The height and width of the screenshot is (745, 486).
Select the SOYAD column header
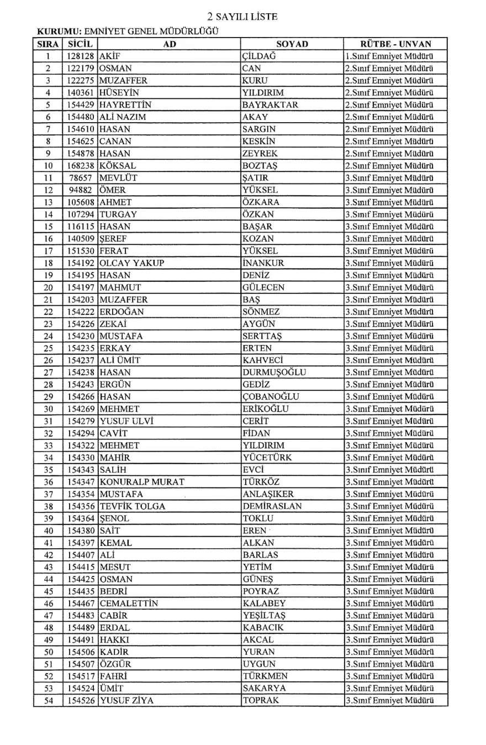pyautogui.click(x=292, y=44)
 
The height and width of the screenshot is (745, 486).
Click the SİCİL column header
pyautogui.click(x=80, y=44)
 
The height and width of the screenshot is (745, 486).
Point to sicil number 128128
pyautogui.click(x=80, y=56)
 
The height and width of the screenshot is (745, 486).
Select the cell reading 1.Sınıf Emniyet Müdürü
pyautogui.click(x=388, y=56)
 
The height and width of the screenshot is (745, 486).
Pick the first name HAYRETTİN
pyautogui.click(x=125, y=104)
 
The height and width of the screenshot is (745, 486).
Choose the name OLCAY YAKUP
pyautogui.click(x=132, y=263)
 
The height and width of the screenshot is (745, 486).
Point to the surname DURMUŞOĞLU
pyautogui.click(x=274, y=372)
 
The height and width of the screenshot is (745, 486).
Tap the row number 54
pyautogui.click(x=48, y=700)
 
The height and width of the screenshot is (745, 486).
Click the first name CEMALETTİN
pyautogui.click(x=129, y=603)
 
